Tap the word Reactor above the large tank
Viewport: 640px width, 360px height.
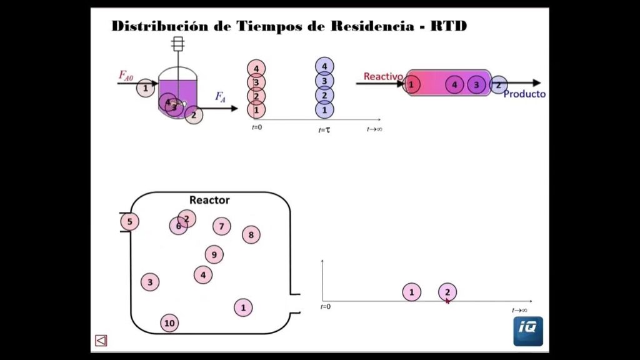click(209, 200)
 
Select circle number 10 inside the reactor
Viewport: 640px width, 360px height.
click(169, 323)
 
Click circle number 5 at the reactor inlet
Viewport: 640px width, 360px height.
click(129, 221)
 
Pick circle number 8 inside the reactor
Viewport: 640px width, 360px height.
click(251, 235)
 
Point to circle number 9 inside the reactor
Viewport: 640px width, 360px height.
click(214, 254)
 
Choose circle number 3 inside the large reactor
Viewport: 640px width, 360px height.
click(149, 282)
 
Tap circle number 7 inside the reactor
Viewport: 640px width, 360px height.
click(221, 226)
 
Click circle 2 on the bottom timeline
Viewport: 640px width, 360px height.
click(447, 292)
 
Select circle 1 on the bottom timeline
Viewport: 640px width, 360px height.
click(411, 292)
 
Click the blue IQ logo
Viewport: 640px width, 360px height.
click(528, 331)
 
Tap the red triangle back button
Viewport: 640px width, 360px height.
click(101, 341)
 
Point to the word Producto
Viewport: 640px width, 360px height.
click(524, 94)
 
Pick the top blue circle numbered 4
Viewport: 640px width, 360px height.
click(324, 66)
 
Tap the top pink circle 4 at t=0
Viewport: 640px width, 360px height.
click(256, 68)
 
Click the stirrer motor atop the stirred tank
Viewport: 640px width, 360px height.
click(178, 43)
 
